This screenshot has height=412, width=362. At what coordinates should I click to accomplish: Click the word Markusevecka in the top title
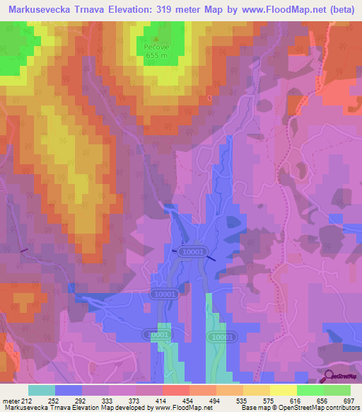40,11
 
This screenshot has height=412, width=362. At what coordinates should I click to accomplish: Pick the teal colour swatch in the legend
42,390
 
